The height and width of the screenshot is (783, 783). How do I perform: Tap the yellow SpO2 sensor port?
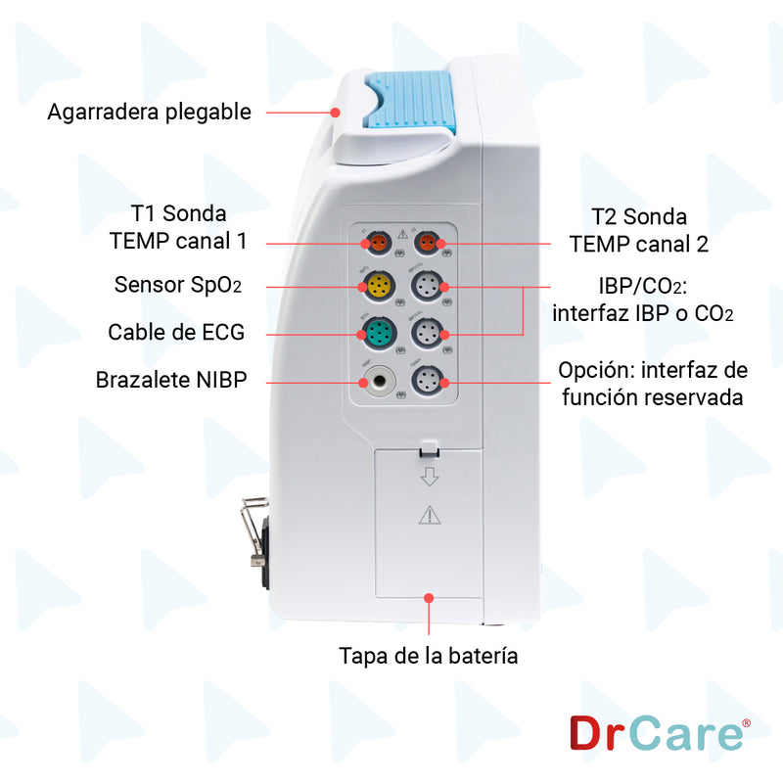pyautogui.click(x=377, y=286)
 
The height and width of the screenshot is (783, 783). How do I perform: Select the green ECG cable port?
pyautogui.click(x=377, y=333)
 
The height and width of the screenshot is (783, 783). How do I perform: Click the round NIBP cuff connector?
pyautogui.click(x=376, y=381)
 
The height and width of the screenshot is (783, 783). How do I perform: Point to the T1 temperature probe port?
pyautogui.click(x=376, y=242)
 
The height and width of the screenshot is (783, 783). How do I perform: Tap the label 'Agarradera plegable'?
pyautogui.click(x=149, y=112)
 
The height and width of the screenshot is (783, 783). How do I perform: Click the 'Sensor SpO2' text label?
pyautogui.click(x=177, y=285)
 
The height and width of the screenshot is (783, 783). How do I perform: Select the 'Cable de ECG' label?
pyautogui.click(x=176, y=333)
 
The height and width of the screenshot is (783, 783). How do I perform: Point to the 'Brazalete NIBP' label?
pyautogui.click(x=170, y=380)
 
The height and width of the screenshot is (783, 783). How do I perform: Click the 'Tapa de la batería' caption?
pyautogui.click(x=429, y=655)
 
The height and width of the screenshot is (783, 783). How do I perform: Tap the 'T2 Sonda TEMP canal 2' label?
pyautogui.click(x=638, y=230)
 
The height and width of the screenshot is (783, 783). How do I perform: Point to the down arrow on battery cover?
pyautogui.click(x=429, y=477)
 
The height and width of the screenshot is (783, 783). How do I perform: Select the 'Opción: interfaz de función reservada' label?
pyautogui.click(x=652, y=384)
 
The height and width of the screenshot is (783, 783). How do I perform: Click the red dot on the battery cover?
pyautogui.click(x=429, y=596)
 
